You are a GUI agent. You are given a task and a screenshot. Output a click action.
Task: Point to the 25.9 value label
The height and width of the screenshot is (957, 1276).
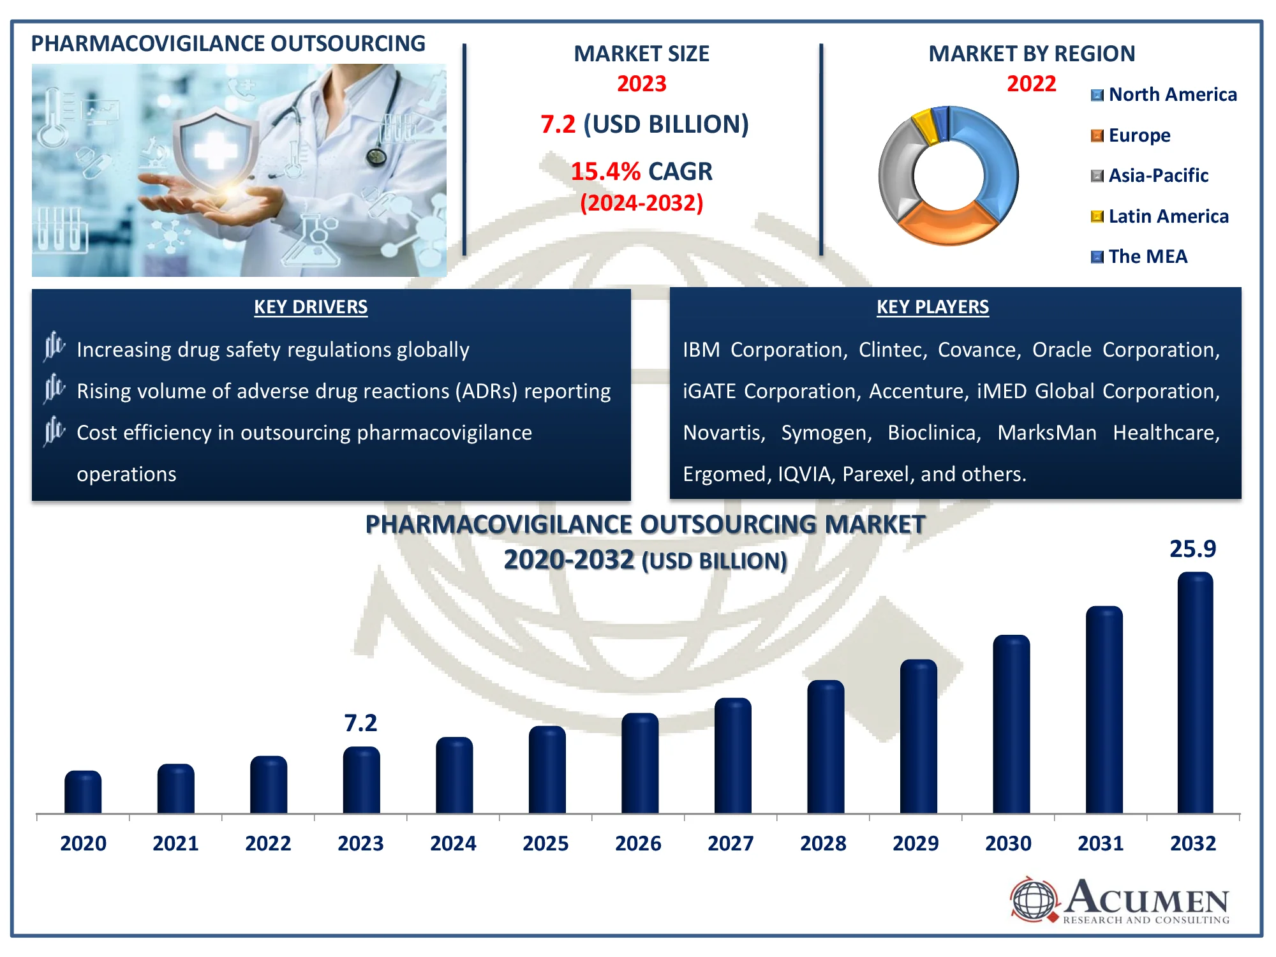[x=1192, y=549]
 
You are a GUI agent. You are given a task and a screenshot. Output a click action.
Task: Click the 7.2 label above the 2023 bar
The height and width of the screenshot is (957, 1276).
[x=360, y=723]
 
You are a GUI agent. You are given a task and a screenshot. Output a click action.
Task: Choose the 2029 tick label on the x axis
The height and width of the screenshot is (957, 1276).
[x=916, y=843]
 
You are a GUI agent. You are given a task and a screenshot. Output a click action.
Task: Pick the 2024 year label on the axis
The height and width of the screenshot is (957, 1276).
[x=453, y=843]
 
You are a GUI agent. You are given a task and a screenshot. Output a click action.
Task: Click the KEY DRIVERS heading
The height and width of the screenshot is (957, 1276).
[x=311, y=307]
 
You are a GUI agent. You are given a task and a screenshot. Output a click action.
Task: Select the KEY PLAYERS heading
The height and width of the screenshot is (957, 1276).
[x=932, y=307]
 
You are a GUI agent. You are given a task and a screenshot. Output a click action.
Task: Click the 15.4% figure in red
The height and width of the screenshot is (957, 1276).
[x=605, y=172]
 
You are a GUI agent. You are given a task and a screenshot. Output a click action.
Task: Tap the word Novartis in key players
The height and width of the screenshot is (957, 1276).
[x=723, y=433]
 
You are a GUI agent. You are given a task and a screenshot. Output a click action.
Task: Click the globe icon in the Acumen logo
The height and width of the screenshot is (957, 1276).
[x=1034, y=900]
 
